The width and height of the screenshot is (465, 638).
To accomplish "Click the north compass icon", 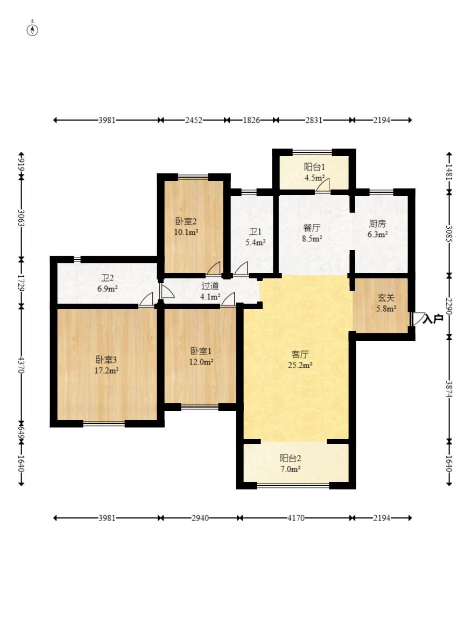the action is [x=32, y=30].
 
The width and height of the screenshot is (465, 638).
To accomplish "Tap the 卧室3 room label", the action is [x=107, y=360].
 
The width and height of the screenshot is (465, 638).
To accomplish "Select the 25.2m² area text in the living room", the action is [x=300, y=365].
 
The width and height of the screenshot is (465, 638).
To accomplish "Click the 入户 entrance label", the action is [x=433, y=319].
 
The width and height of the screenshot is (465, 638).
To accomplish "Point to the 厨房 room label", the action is [x=377, y=223].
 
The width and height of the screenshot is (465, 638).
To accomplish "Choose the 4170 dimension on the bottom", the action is [x=296, y=518].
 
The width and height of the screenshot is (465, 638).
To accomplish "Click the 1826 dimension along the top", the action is [x=251, y=120].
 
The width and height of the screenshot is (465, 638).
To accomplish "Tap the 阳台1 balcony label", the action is [x=314, y=167].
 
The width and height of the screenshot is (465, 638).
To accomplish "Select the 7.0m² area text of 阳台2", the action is [x=290, y=469].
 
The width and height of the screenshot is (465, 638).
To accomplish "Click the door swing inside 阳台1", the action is [x=323, y=184].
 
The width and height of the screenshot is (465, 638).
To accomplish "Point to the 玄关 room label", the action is [x=386, y=298].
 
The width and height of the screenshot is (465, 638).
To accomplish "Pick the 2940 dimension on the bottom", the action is [x=200, y=518].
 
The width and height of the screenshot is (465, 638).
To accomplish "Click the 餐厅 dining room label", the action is [x=312, y=228].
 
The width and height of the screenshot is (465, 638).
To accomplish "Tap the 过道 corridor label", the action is [x=210, y=286].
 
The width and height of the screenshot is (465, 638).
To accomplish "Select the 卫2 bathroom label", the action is [x=108, y=278].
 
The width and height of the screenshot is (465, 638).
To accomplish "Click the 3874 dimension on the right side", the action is [x=449, y=389].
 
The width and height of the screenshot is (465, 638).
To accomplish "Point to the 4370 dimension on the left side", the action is [x=22, y=365].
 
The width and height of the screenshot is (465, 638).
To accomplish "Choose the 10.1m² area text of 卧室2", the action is [x=186, y=233].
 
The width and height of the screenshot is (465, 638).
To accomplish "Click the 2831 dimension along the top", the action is [x=314, y=120].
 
